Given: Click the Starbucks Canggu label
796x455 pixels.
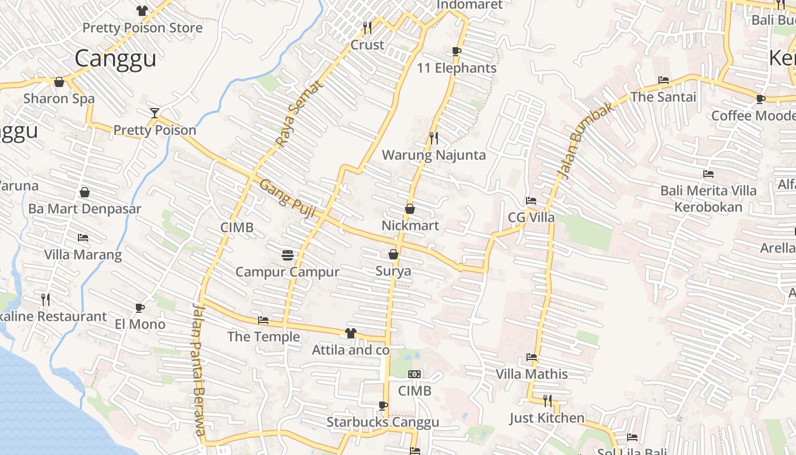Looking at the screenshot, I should pyautogui.click(x=383, y=422).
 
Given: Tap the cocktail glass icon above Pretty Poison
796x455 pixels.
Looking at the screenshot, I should pyautogui.click(x=154, y=113).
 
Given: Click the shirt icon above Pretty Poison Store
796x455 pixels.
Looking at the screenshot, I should pyautogui.click(x=142, y=10).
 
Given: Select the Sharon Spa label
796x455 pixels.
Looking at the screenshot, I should pyautogui.click(x=59, y=98).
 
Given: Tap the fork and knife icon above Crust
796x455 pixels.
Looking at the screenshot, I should pyautogui.click(x=367, y=27).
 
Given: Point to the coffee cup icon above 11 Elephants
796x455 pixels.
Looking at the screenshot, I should pyautogui.click(x=456, y=51).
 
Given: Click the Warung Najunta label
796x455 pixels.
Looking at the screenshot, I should pyautogui.click(x=434, y=155).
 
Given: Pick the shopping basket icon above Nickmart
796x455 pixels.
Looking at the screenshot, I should pyautogui.click(x=409, y=209).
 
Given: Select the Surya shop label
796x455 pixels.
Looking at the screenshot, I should pyautogui.click(x=393, y=271).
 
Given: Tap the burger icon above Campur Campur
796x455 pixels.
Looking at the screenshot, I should pyautogui.click(x=287, y=255).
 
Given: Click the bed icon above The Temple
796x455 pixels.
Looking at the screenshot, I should pyautogui.click(x=263, y=320).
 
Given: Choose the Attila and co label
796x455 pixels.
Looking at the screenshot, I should pyautogui.click(x=351, y=350).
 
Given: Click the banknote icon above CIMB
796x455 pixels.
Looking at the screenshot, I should pyautogui.click(x=414, y=374).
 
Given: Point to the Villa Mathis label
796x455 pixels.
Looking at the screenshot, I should pyautogui.click(x=532, y=374).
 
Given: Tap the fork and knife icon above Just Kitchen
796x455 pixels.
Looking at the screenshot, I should pyautogui.click(x=547, y=401).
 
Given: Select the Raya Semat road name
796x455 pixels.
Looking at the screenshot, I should pyautogui.click(x=299, y=113).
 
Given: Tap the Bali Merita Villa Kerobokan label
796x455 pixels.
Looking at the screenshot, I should pyautogui.click(x=708, y=198).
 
